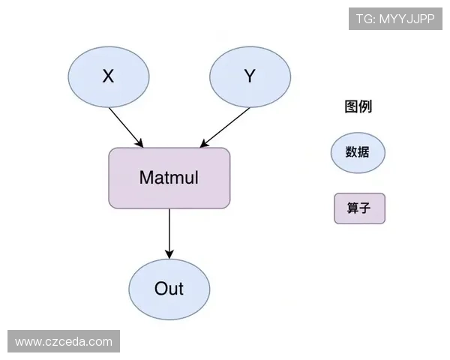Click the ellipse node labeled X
[x=108, y=76]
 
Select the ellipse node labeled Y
[x=250, y=76]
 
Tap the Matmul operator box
[x=169, y=178]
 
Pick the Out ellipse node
[x=169, y=289]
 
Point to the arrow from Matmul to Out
[x=169, y=232]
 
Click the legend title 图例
[x=358, y=106]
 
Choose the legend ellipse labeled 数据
[x=358, y=152]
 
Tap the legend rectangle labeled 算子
[x=359, y=208]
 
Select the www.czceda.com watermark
[x=63, y=342]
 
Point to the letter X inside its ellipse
[x=108, y=76]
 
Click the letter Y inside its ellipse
[x=250, y=76]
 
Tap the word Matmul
[x=169, y=178]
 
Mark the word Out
[x=169, y=289]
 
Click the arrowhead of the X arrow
[x=139, y=143]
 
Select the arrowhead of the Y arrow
[x=202, y=143]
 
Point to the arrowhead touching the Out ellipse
[x=169, y=254]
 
